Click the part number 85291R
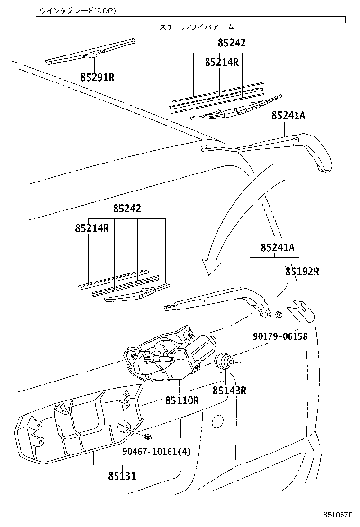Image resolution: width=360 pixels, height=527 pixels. tap(98, 77)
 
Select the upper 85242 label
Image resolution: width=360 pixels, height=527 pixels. tap(232, 43)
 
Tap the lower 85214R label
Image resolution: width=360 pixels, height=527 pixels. tap(92, 228)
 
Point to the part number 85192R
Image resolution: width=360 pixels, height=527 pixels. tap(302, 272)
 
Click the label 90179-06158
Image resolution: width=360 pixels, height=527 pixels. tap(279, 336)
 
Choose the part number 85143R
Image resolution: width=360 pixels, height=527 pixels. tap(230, 391)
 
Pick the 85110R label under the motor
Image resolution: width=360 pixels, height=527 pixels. tap(182, 400)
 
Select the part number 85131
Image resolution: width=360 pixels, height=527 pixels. tap(121, 476)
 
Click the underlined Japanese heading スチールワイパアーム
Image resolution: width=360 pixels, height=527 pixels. tap(197, 28)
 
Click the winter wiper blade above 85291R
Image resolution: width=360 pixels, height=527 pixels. tap(90, 52)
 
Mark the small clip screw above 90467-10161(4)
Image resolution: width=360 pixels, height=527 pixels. tap(149, 436)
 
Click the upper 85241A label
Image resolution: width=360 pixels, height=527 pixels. tap(289, 116)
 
